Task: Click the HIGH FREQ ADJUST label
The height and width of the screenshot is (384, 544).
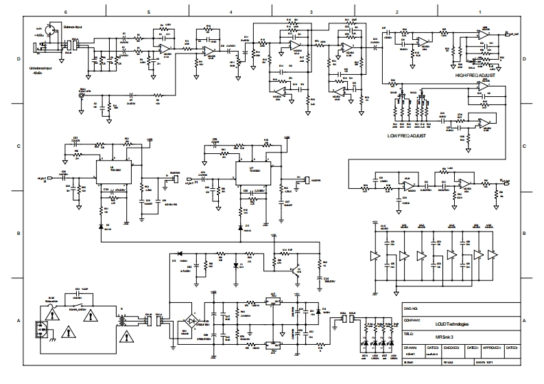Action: pos(474,75)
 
